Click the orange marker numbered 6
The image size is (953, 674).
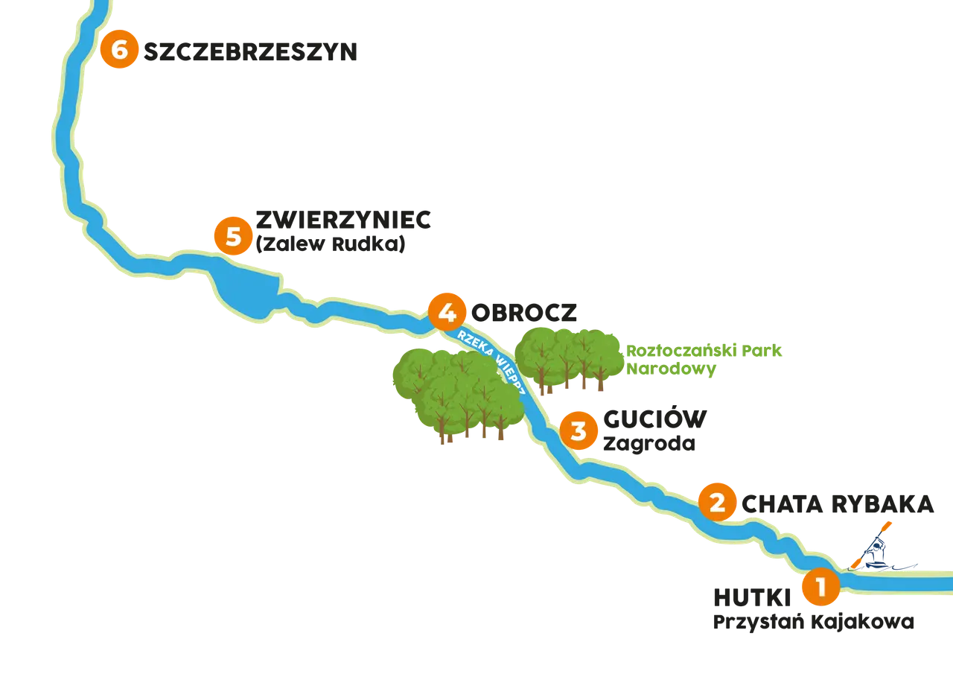119,49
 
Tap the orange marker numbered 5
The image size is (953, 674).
233,236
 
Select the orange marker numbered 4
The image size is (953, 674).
447,312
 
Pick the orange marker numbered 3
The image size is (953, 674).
579,430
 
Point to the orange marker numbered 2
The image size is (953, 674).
717,502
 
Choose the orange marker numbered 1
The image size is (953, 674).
821,586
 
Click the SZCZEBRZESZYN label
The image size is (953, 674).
250,52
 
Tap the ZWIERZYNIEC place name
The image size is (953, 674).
343,220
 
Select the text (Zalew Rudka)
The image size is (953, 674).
331,244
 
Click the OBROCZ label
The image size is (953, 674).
523,313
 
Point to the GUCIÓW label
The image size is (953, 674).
654,419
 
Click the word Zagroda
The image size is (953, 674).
649,444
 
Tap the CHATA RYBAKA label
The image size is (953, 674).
838,504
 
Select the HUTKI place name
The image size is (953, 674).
752,597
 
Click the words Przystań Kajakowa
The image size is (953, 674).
814,622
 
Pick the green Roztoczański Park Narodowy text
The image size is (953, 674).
704,360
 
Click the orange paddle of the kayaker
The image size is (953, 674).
871,544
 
